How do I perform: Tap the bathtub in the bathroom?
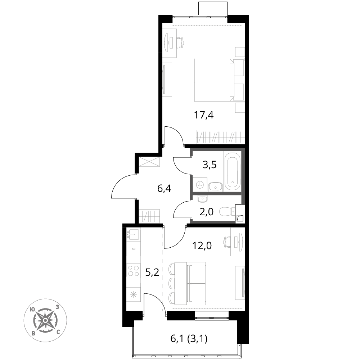pos(232,171)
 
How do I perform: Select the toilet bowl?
pos(226,211)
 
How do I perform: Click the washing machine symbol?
pos(200,185)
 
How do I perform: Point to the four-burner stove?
pos(134,270)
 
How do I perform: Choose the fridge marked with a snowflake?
pos(134,294)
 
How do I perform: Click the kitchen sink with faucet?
pos(133,234)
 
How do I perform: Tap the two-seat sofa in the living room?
pos(196,284)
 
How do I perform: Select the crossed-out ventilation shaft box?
pos(149,162)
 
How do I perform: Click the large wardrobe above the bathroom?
pos(220,137)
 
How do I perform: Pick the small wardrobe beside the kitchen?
pos(149,216)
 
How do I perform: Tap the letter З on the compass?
pos(57,307)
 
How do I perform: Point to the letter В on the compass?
pos(33,333)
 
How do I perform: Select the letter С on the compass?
pos(58,332)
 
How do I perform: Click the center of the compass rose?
pos(45,320)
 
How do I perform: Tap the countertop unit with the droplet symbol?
pos(134,249)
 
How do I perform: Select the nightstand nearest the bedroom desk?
pos(240,52)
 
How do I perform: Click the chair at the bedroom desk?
pos(180,43)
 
